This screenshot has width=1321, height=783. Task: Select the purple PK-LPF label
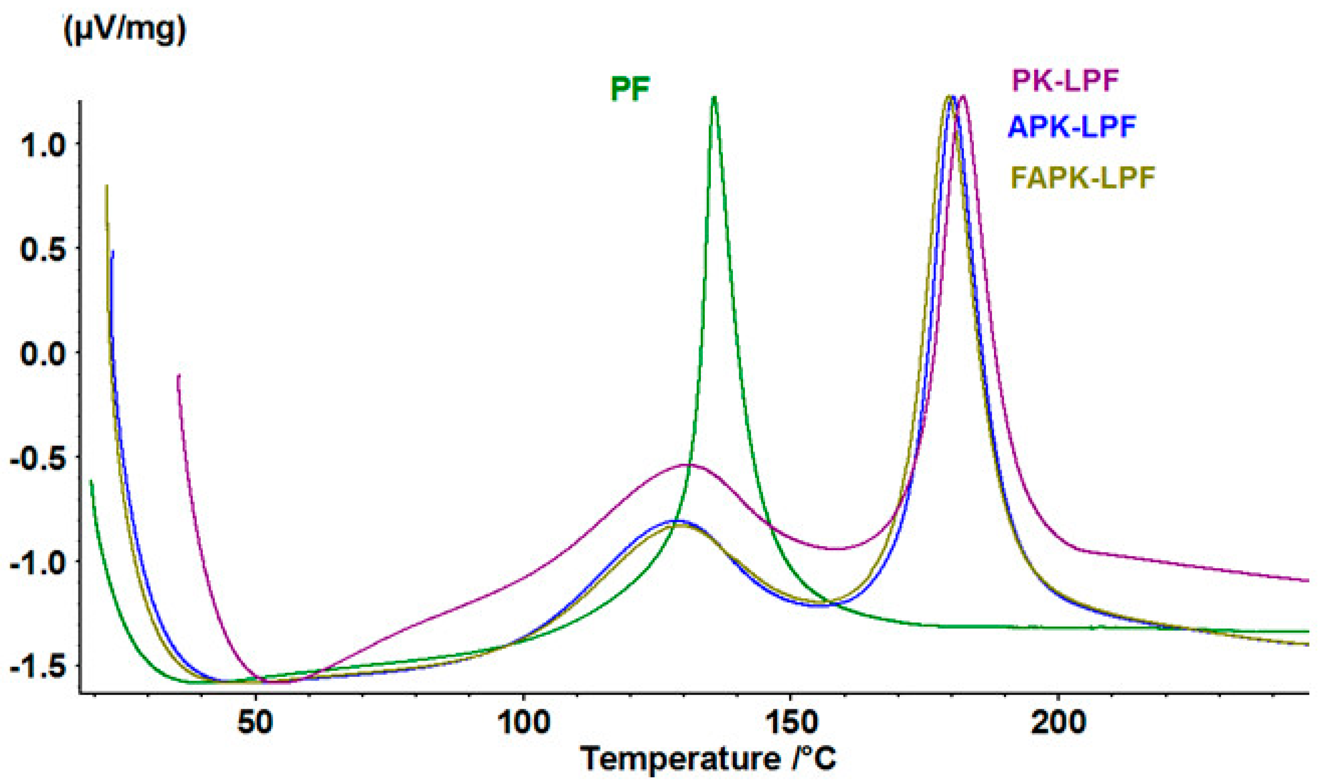pos(1065,81)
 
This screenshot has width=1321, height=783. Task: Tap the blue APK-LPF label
pos(1071,127)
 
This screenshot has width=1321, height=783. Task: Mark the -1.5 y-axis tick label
pos(37,666)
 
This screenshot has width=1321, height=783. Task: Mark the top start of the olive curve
pos(107,186)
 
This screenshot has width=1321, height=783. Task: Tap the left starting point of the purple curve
pos(179,375)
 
